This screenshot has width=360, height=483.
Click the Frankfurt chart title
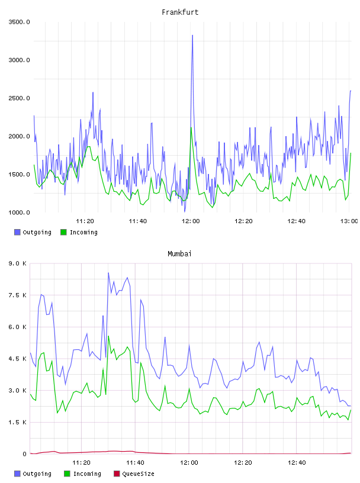tap(180, 12)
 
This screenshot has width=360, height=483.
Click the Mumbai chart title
tap(179, 253)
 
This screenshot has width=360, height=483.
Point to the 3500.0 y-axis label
tap(19, 22)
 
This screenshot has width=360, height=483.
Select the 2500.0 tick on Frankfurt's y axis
tap(19, 98)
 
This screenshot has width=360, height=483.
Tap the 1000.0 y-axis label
tap(19, 212)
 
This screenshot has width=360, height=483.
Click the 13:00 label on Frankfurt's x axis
tap(349, 221)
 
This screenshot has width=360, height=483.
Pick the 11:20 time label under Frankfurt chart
tap(85, 221)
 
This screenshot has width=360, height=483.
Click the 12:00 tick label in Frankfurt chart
tap(191, 221)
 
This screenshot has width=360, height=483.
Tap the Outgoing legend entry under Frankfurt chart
tap(33, 232)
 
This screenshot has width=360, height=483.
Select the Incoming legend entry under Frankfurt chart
tap(79, 232)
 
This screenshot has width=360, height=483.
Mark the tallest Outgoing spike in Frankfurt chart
tap(192, 36)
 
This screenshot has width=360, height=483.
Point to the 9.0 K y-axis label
tap(17, 263)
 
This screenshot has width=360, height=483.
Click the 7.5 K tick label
tap(17, 295)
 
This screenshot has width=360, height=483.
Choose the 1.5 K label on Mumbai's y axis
tap(17, 422)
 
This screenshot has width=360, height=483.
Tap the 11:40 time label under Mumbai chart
tap(135, 462)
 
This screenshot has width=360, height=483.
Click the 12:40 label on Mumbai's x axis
tap(297, 462)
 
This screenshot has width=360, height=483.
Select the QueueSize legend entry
tap(134, 474)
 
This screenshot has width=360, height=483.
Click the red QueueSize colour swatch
tap(117, 474)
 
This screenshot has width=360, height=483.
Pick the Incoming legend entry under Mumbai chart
tap(82, 474)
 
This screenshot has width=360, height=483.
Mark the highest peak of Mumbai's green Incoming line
tap(108, 336)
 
